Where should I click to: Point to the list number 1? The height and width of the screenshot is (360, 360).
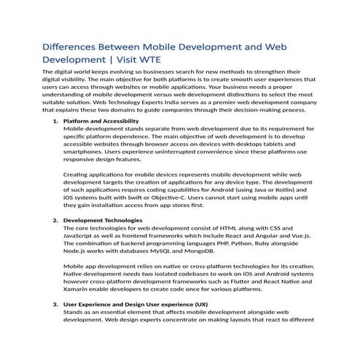56,120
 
